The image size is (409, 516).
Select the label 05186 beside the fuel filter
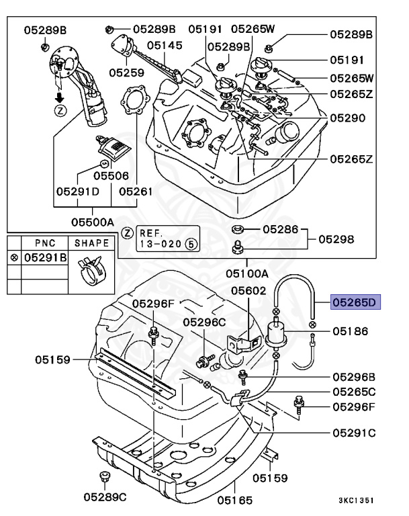click(x=351, y=331)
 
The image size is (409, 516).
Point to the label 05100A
click(x=246, y=273)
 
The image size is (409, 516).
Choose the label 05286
click(x=279, y=229)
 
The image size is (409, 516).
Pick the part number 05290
click(x=348, y=118)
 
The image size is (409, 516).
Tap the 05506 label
click(x=111, y=175)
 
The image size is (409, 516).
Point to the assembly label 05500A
click(x=92, y=220)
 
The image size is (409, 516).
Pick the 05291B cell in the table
click(x=45, y=257)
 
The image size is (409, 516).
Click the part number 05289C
click(x=105, y=497)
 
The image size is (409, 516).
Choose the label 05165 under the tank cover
click(x=234, y=499)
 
